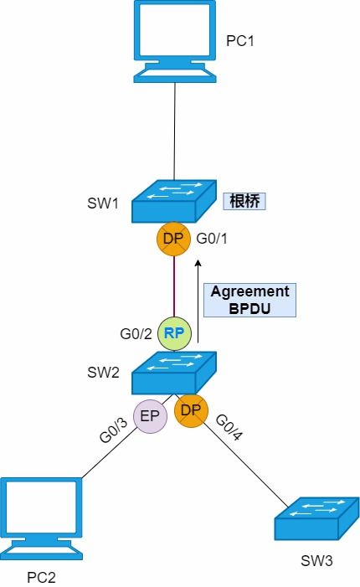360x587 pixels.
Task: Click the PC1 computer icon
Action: click(x=174, y=42)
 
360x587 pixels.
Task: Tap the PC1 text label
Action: click(x=239, y=40)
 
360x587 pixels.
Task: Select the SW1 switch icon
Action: click(x=174, y=200)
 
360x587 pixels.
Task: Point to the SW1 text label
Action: click(x=103, y=203)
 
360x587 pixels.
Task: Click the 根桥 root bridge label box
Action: click(x=247, y=202)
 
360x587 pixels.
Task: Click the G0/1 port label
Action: click(x=212, y=239)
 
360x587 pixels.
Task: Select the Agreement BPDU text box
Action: click(x=249, y=300)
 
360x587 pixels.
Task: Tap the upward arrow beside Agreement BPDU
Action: click(x=198, y=302)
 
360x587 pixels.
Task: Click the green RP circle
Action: click(x=174, y=332)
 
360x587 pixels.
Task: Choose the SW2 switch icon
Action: click(x=174, y=373)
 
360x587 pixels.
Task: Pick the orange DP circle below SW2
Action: click(x=191, y=411)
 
